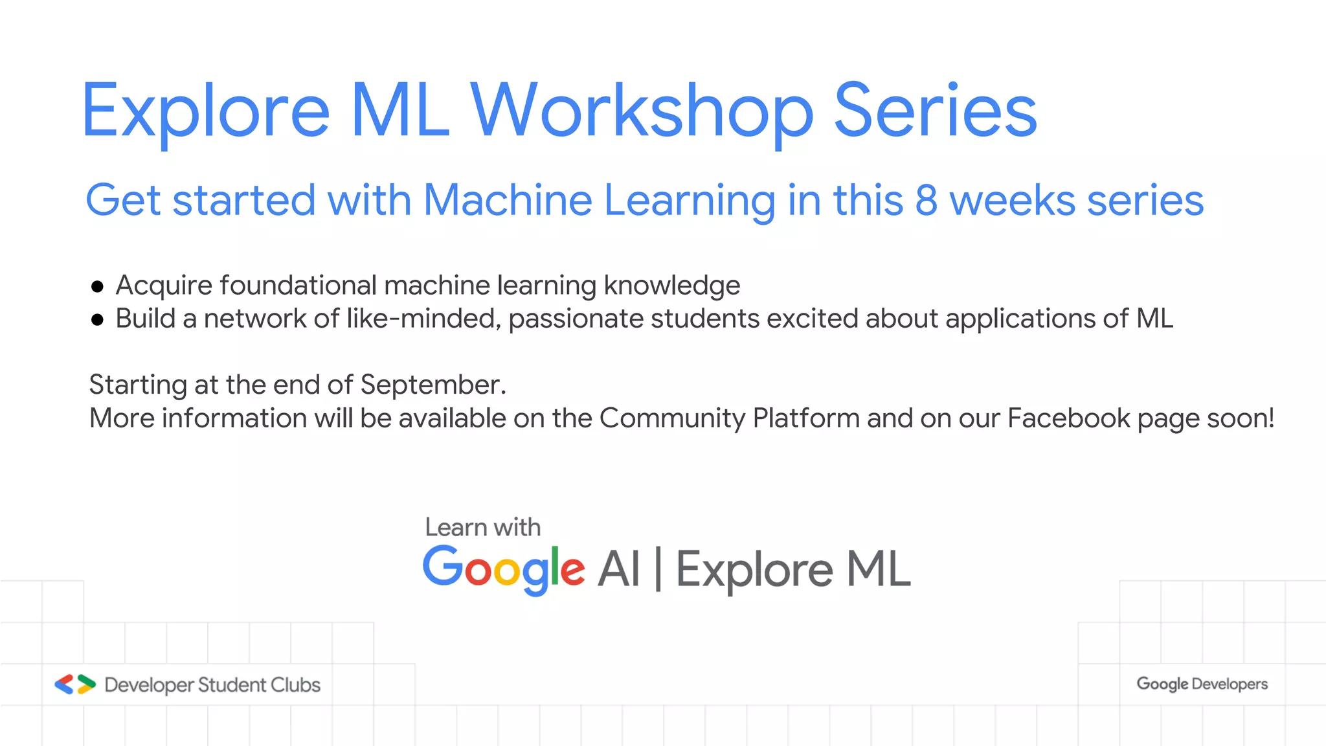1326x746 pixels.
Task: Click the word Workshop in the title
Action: click(641, 111)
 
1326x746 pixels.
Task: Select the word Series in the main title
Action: click(936, 111)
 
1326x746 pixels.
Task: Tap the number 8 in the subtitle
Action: click(926, 200)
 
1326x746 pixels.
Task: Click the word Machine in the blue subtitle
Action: click(508, 200)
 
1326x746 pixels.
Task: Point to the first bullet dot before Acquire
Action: click(98, 286)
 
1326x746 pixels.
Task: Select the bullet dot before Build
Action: click(98, 319)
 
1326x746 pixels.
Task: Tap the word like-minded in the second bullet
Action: click(423, 319)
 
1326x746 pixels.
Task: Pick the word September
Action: click(433, 385)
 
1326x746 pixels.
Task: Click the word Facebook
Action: click(1068, 418)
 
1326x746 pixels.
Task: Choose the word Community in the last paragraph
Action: click(672, 418)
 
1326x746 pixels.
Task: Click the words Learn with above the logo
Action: click(482, 528)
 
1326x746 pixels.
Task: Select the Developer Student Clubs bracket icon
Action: click(75, 684)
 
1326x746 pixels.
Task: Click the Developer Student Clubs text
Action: click(212, 685)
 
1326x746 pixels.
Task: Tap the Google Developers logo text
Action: click(1202, 684)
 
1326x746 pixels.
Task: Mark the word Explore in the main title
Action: click(206, 111)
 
